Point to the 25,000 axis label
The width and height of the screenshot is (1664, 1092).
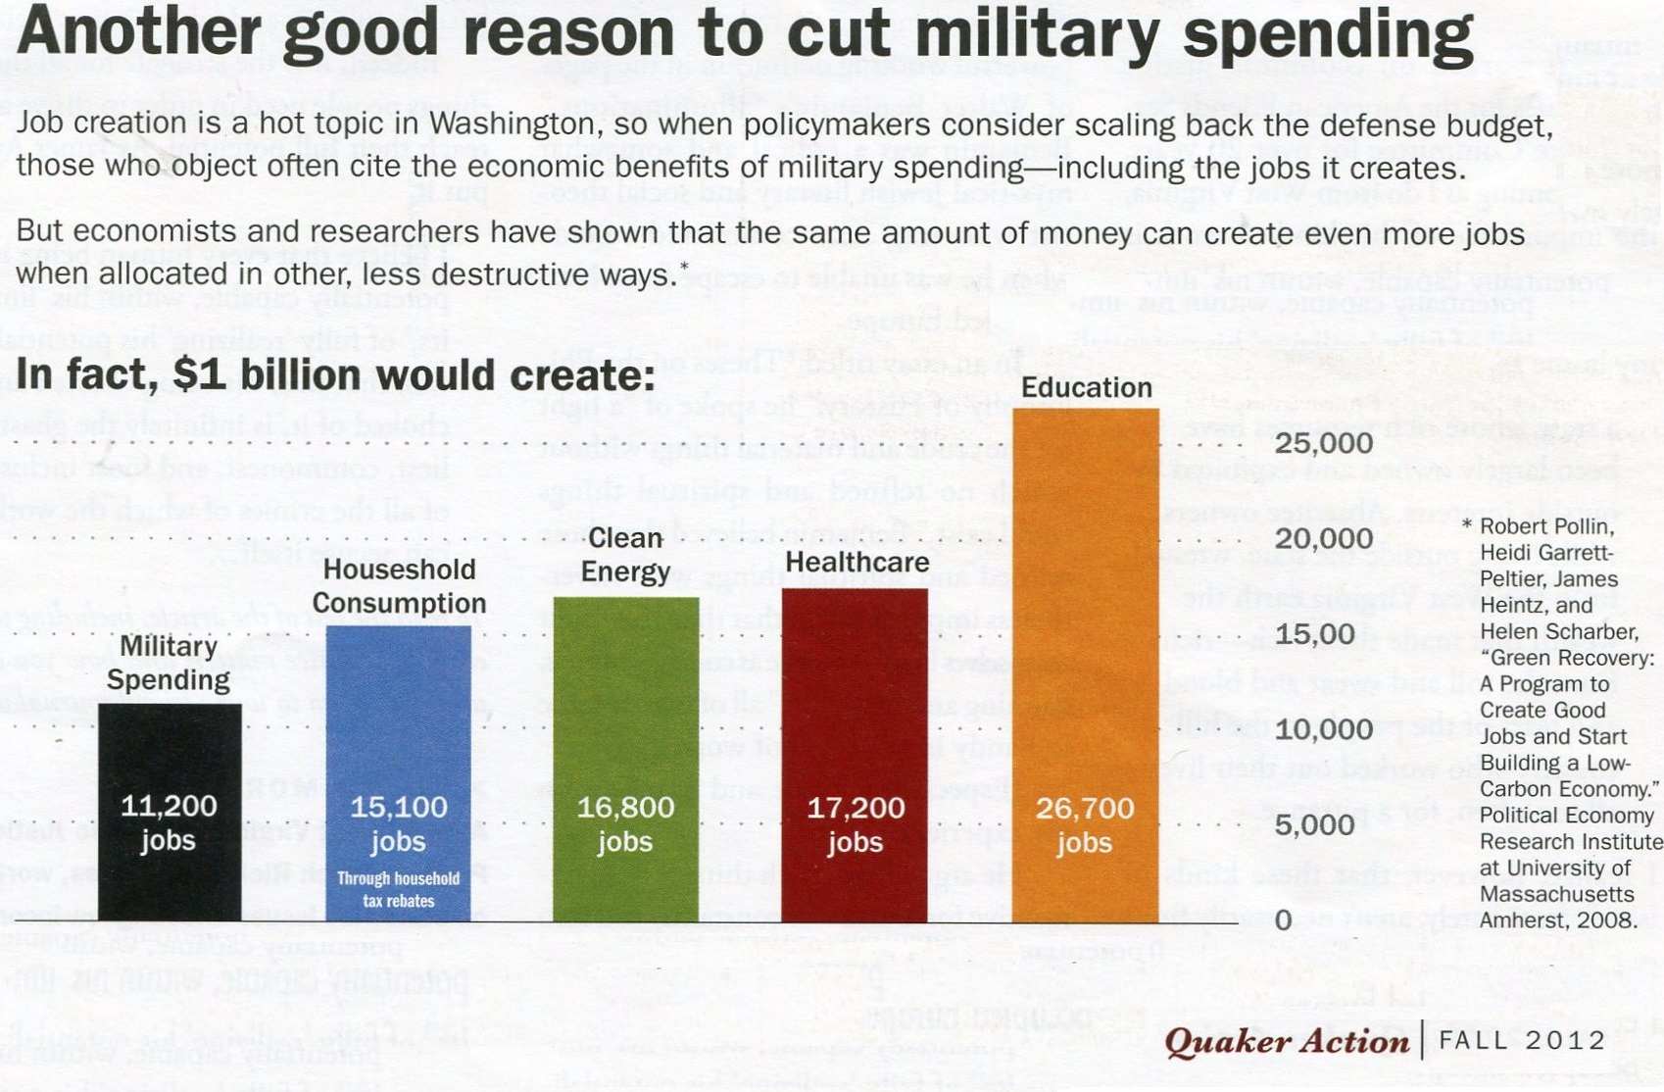[1323, 443]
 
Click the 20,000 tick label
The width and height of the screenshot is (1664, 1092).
[1323, 538]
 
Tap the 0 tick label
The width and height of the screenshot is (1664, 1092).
[1284, 919]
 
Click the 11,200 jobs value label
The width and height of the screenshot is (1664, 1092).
[169, 822]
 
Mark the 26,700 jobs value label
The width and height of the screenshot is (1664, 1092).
[1085, 824]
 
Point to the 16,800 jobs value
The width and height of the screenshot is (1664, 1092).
[625, 823]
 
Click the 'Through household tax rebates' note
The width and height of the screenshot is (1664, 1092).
[398, 889]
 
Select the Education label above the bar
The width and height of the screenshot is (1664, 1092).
[1086, 387]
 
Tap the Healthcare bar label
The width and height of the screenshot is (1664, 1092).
[856, 562]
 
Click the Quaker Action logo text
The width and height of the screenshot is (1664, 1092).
[1287, 1040]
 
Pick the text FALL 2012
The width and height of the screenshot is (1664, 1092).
[1522, 1040]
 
